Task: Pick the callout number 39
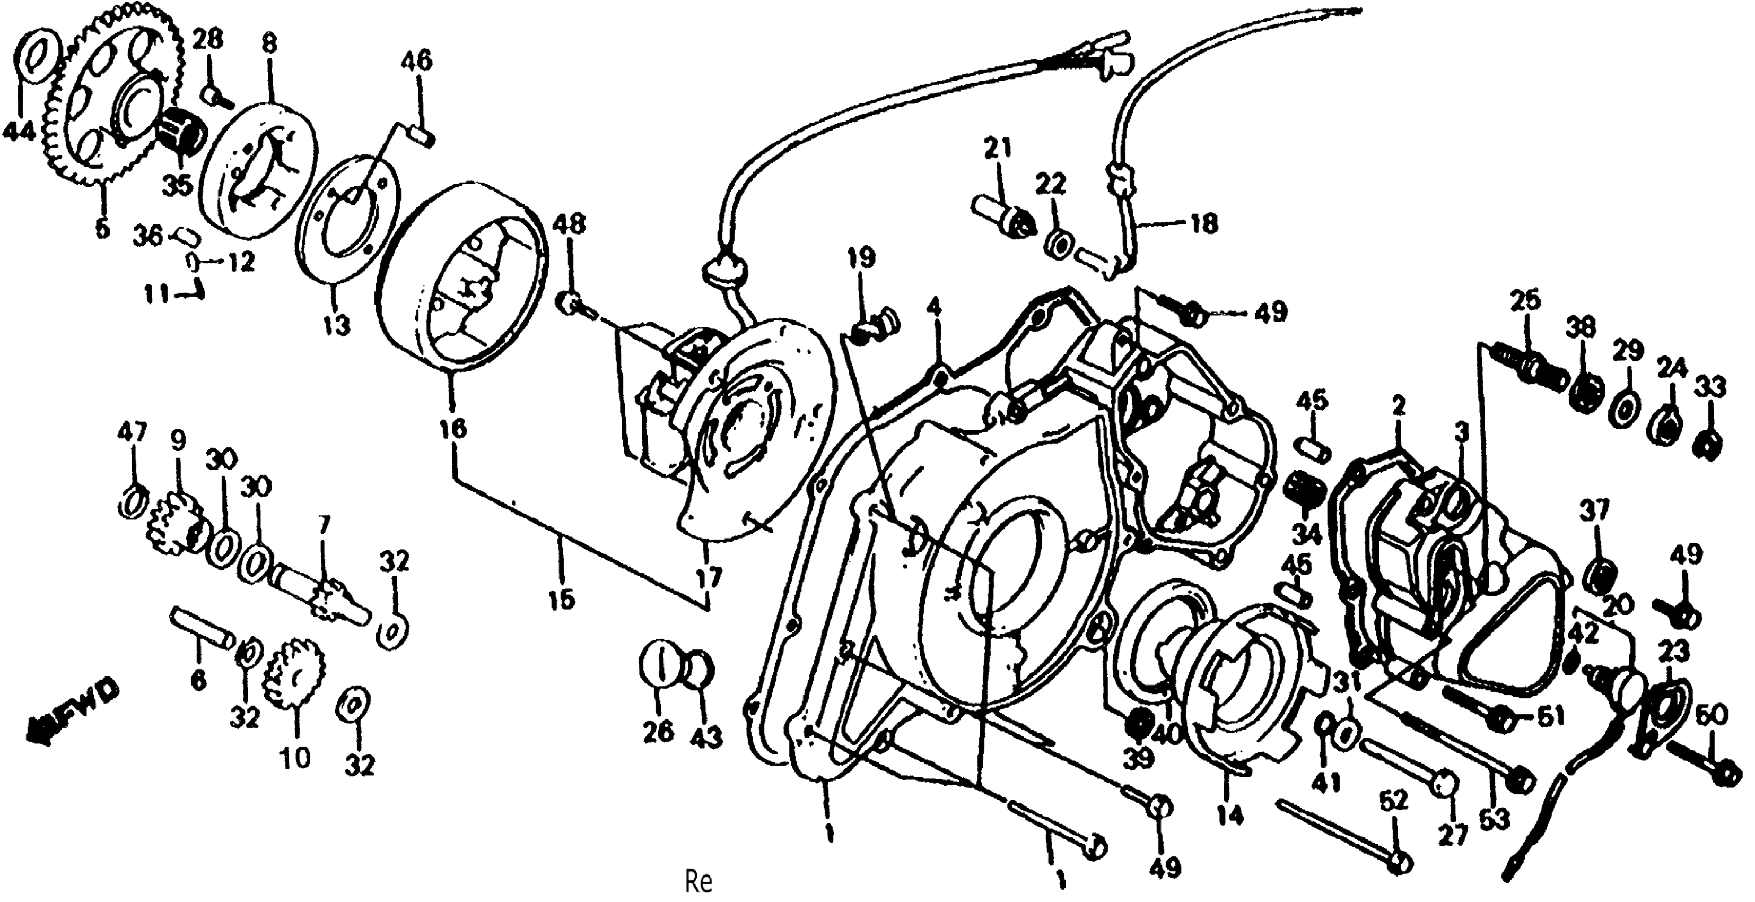tap(1138, 756)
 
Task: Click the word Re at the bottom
tap(698, 882)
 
